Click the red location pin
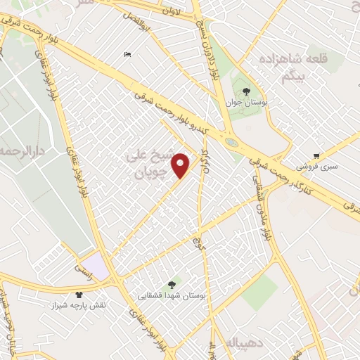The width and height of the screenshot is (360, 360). pos(181,165)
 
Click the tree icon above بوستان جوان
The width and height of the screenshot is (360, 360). pos(246,91)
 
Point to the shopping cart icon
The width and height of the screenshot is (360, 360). pos(318,156)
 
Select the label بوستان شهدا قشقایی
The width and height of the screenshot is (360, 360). pos(172,296)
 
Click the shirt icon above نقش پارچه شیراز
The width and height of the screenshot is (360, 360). pos(79,295)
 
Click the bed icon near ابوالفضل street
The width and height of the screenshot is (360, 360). pos(127,55)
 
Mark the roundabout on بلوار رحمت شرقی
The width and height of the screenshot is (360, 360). pos(231,143)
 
